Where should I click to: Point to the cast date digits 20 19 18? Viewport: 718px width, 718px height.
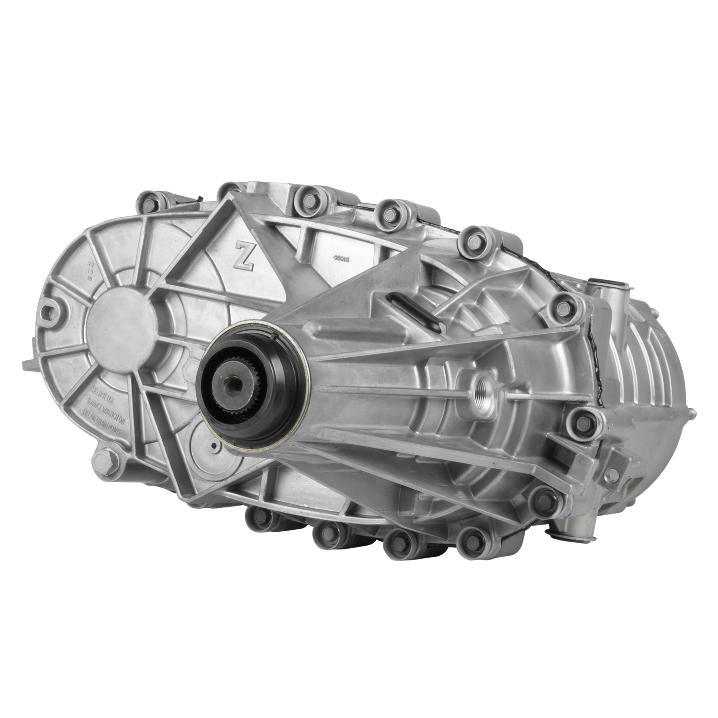(x=90, y=270)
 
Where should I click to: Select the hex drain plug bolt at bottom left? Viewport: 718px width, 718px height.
(x=104, y=462)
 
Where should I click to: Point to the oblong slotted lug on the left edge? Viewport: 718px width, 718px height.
(x=50, y=309)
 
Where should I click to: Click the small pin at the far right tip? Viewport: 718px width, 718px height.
(x=692, y=411)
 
